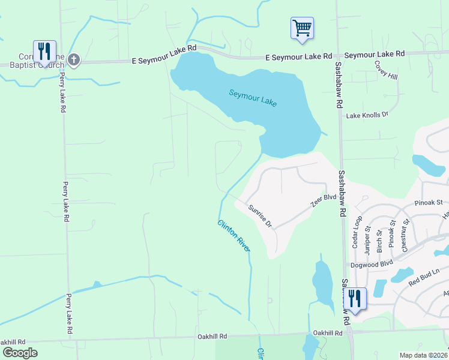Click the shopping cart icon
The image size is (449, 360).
(302, 28)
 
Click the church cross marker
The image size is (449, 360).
(73, 59)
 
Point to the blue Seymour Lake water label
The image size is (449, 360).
(253, 98)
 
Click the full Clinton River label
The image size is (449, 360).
(234, 235)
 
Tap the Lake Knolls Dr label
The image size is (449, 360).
(367, 114)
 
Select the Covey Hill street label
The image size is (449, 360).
(386, 70)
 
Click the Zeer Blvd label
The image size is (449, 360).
(322, 200)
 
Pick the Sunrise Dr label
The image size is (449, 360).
(261, 216)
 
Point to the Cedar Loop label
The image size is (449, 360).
(357, 232)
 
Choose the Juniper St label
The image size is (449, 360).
(367, 235)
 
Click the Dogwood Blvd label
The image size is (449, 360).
(372, 263)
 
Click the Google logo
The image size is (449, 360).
(19, 352)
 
